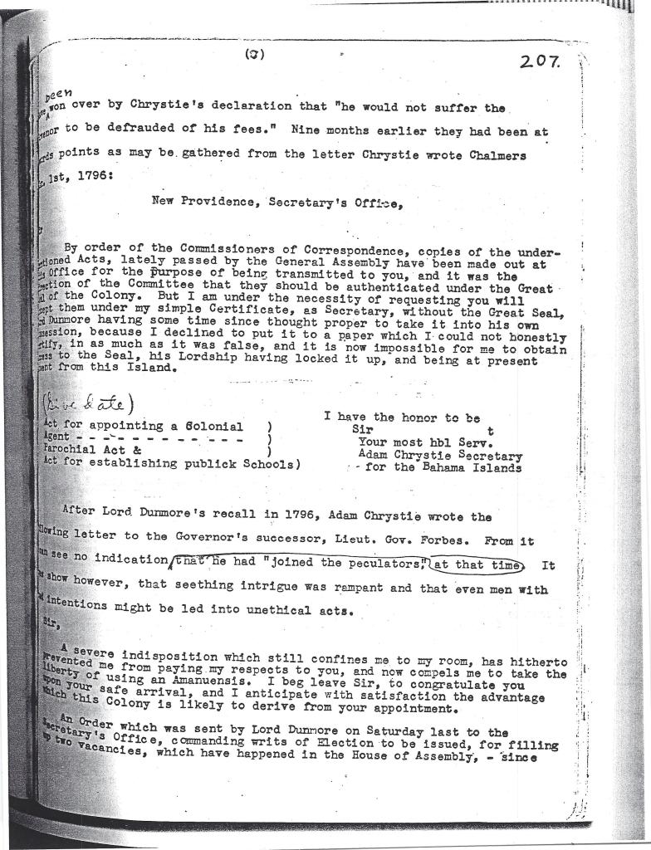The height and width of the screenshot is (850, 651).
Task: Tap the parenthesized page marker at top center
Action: click(255, 55)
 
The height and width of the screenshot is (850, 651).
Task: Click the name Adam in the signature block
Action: click(374, 455)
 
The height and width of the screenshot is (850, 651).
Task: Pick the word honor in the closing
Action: click(407, 417)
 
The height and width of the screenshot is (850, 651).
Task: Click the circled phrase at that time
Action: click(478, 567)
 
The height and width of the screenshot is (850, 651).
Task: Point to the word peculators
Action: click(384, 566)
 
